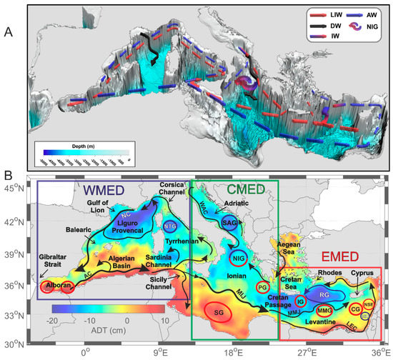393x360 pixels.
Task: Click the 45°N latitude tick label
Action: [x=14, y=188]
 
